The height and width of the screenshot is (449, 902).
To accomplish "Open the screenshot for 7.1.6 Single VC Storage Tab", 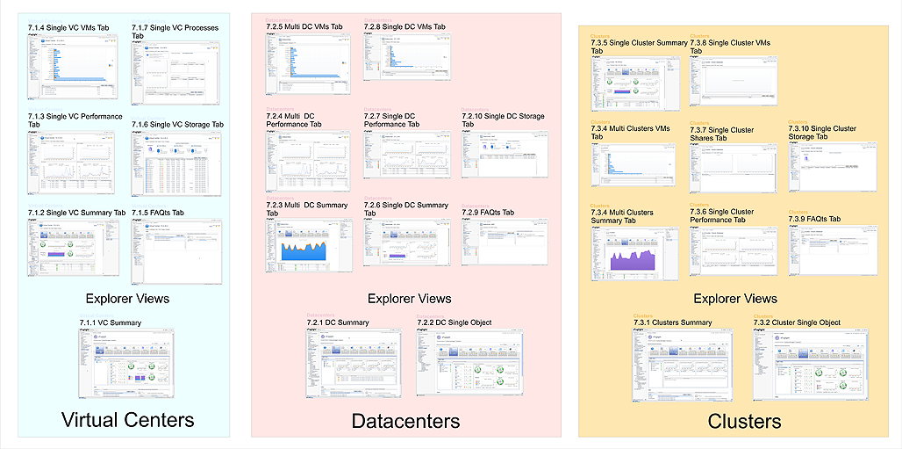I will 177,164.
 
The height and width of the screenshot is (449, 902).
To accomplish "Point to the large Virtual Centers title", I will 127,419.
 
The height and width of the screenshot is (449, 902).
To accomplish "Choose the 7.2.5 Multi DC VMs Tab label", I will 305,27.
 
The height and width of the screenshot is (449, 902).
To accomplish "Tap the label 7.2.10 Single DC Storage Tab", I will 503,120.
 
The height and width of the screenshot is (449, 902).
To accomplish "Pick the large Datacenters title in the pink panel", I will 405,421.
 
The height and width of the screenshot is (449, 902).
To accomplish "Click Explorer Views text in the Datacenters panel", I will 409,299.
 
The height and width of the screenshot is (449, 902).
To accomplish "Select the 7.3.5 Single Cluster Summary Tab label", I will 640,47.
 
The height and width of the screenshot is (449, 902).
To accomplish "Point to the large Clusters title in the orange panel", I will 744,421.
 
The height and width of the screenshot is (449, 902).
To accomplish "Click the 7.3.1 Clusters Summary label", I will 673,322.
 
